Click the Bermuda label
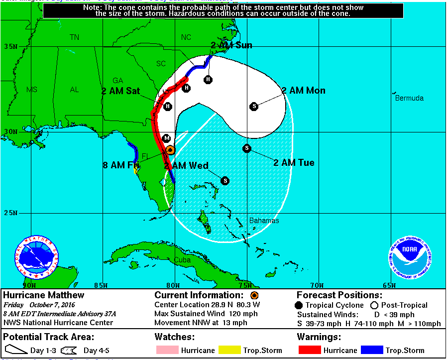[x=409, y=98]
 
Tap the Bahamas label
[x=264, y=221]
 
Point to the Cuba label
[x=182, y=260]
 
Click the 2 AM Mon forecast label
[x=303, y=91]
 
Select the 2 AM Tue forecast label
[x=294, y=163]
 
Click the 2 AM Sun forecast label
[x=231, y=45]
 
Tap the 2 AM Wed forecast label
[x=186, y=166]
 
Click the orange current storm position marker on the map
[x=170, y=149]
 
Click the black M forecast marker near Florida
[x=167, y=138]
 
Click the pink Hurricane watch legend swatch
[x=167, y=350]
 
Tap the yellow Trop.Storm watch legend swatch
[x=229, y=350]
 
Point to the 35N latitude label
[x=11, y=46]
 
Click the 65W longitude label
[x=389, y=285]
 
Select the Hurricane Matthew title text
[x=44, y=295]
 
